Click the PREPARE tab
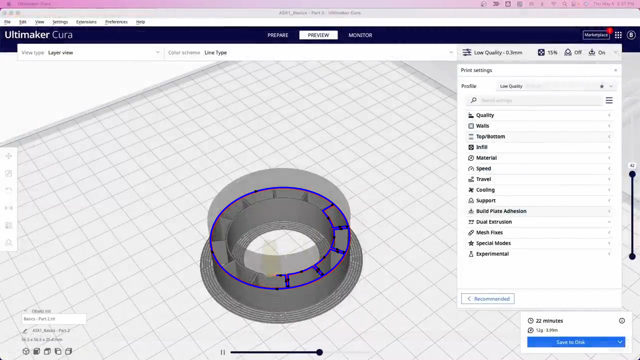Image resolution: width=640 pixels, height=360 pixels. [x=277, y=35]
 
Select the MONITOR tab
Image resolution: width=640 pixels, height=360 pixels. [x=360, y=35]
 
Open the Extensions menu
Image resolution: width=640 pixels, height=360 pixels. [x=86, y=22]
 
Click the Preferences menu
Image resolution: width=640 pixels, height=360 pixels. [x=116, y=22]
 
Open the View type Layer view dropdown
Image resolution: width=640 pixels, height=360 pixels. [x=90, y=52]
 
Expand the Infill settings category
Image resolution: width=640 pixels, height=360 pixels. [x=481, y=147]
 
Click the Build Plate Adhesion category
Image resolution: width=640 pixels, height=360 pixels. [x=501, y=211]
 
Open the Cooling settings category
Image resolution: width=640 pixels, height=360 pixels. [x=485, y=190]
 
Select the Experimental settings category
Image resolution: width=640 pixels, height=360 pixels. [x=492, y=254]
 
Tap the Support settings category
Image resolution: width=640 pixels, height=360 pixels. [x=485, y=200]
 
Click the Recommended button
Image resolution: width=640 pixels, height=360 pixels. [x=487, y=299]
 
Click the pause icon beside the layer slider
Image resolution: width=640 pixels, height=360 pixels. [x=222, y=352]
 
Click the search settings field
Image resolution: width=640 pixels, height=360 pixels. [x=537, y=100]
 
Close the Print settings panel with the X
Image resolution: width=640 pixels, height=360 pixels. [x=615, y=70]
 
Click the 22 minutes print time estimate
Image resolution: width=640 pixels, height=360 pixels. [x=549, y=321]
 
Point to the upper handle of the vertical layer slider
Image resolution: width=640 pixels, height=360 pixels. [x=632, y=174]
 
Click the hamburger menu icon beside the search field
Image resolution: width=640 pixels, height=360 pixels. [x=609, y=100]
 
